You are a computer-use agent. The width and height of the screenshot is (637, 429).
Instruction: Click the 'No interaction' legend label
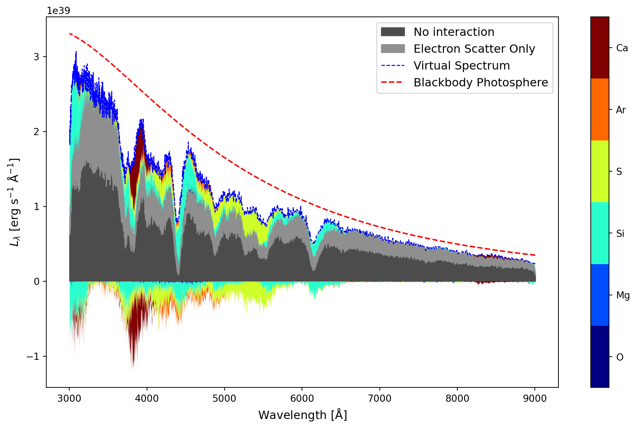click(x=454, y=32)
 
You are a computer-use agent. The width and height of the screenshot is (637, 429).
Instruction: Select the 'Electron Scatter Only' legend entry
click(x=474, y=49)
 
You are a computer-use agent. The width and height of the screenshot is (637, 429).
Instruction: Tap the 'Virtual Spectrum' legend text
click(x=461, y=66)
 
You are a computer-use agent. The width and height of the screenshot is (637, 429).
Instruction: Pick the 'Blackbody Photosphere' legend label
click(x=481, y=82)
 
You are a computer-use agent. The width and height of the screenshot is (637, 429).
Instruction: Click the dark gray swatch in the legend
click(x=393, y=32)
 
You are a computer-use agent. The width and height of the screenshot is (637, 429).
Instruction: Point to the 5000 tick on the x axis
click(x=225, y=398)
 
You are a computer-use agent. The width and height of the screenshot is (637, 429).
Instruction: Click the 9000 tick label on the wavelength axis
click(x=535, y=398)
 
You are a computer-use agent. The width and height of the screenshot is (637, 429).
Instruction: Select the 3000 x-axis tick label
click(x=69, y=398)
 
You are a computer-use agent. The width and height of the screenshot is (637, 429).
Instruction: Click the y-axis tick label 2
click(x=37, y=132)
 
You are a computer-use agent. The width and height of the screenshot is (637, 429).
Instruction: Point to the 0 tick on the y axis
click(x=37, y=282)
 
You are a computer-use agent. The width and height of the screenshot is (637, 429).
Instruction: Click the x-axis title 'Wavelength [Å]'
click(x=302, y=415)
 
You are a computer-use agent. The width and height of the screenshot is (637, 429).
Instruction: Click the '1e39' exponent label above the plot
click(x=58, y=11)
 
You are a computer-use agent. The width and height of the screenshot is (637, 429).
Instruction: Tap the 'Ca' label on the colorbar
click(x=622, y=48)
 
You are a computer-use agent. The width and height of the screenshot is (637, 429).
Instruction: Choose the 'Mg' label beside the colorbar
click(x=623, y=295)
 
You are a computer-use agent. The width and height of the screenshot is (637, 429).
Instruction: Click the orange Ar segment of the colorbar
click(x=600, y=109)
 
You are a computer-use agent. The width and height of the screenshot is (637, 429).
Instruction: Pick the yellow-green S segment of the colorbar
click(x=600, y=171)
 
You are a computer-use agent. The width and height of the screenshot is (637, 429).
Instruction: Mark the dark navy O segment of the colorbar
click(x=600, y=357)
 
